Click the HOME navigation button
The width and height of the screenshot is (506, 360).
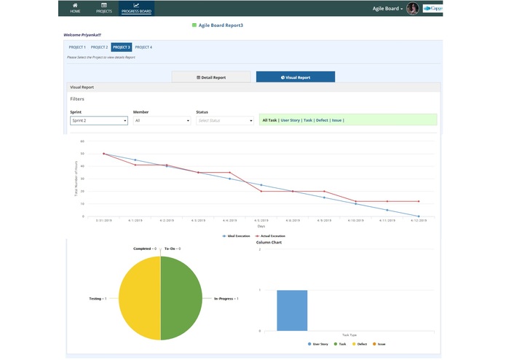tap(75, 8)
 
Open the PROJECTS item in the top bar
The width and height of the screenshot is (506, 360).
tap(104, 8)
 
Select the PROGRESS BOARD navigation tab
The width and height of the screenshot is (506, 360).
tap(137, 8)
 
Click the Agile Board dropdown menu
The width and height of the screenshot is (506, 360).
tap(387, 9)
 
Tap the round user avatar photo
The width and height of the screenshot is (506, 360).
tap(413, 9)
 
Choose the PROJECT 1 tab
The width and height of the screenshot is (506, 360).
tap(77, 47)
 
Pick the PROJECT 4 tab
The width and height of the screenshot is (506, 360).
tap(143, 47)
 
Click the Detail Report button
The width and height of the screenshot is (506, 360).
tap(211, 77)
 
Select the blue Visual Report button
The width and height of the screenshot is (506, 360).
tap(296, 77)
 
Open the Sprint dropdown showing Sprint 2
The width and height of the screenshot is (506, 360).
tap(99, 120)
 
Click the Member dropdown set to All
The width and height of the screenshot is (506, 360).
tap(162, 120)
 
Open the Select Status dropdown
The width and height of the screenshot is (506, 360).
tap(225, 120)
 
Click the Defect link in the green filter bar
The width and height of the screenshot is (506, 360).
tap(322, 120)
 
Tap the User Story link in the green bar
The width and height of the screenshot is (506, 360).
tap(290, 120)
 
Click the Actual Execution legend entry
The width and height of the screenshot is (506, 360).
tap(272, 236)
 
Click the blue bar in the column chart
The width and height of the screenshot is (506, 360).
tap(292, 310)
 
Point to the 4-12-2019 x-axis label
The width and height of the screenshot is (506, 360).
tap(418, 220)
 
